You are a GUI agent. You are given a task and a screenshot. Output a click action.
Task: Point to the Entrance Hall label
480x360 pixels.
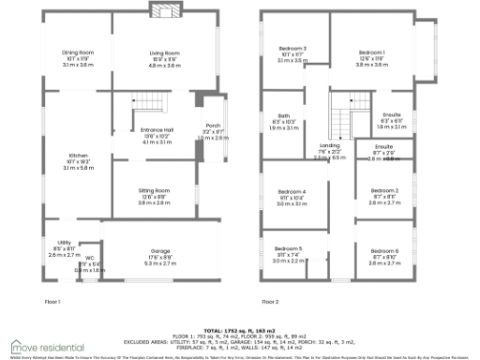pyautogui.click(x=155, y=130)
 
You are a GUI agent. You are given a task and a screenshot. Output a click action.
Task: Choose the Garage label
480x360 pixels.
pyautogui.click(x=159, y=251)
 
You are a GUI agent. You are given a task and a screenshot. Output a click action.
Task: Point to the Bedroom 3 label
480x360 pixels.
pyautogui.click(x=292, y=47)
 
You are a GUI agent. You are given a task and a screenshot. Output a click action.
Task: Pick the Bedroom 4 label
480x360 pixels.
pyautogui.click(x=292, y=191)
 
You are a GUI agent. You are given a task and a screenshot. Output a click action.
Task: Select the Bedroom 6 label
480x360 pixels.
pyautogui.click(x=383, y=251)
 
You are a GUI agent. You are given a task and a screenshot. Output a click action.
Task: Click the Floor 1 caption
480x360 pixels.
pyautogui.click(x=52, y=302)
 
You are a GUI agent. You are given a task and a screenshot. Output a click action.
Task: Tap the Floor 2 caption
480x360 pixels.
pyautogui.click(x=270, y=302)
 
